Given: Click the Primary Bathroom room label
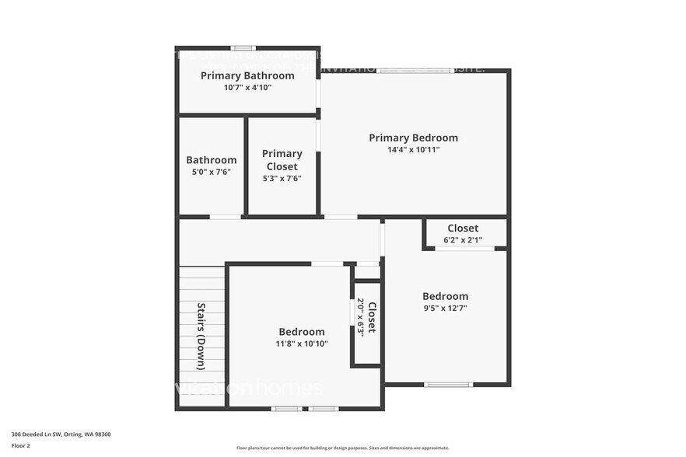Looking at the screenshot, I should tap(247, 75).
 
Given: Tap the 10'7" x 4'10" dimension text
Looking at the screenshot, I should tap(247, 88).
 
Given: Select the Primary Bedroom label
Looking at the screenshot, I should tap(413, 138).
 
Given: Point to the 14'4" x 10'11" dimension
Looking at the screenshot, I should tap(413, 150).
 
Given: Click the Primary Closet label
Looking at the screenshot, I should tap(281, 160).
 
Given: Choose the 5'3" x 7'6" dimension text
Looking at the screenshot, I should tap(281, 179).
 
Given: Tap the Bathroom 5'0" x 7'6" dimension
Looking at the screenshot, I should tap(211, 173).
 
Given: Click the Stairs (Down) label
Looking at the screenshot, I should tap(201, 336).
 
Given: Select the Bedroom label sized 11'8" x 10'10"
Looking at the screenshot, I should tap(302, 332).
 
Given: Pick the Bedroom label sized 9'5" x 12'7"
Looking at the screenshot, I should tap(445, 296).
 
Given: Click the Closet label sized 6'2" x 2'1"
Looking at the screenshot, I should tap(463, 228).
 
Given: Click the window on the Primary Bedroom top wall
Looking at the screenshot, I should tap(415, 71).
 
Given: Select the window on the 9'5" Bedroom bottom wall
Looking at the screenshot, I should tap(448, 384).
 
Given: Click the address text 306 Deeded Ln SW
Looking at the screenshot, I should tap(61, 434).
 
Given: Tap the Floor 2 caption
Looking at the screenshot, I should tap(21, 445).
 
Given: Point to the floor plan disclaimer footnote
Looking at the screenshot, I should tap(342, 448).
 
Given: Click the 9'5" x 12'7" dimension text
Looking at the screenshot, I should tap(445, 308).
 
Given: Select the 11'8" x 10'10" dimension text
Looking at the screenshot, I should tap(302, 344).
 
